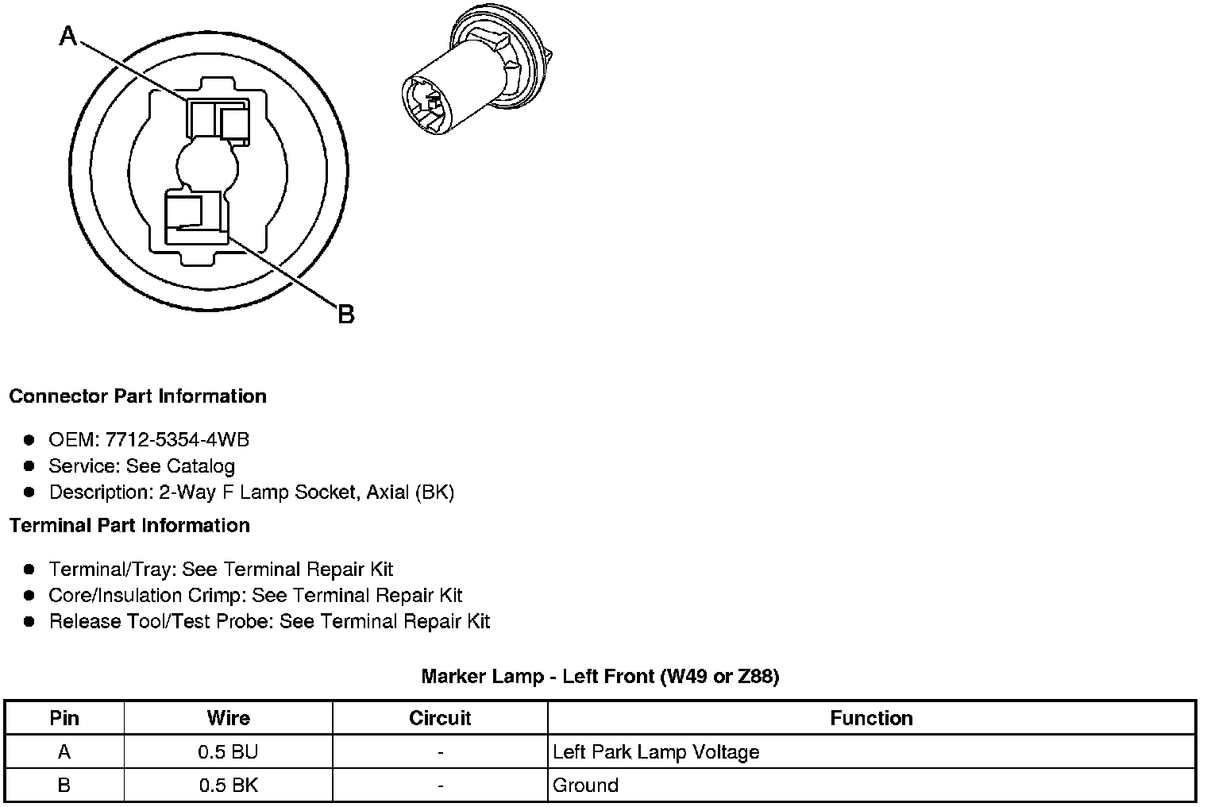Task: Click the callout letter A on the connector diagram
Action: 69,36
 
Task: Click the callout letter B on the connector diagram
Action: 345,315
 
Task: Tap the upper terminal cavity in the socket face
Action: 217,120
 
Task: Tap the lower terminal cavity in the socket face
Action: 195,216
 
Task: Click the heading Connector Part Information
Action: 137,396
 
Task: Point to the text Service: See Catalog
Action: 141,465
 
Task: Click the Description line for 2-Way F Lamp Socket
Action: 251,492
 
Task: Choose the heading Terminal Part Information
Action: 129,526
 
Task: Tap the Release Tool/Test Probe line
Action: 269,621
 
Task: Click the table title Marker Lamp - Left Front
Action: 600,677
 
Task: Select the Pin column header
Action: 64,718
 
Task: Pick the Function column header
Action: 871,718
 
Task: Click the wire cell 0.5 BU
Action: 228,751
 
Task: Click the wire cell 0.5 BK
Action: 228,786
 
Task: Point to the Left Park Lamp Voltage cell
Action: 656,751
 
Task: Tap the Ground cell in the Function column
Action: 585,786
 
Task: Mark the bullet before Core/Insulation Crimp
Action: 29,596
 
